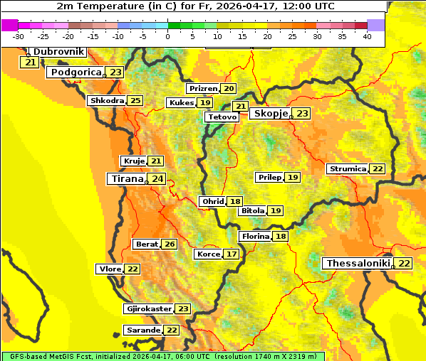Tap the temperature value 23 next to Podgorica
(116, 72)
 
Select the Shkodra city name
(107, 101)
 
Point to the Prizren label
(203, 89)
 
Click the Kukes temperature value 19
(205, 103)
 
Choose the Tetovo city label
(222, 117)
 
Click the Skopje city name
(271, 114)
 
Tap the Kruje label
(134, 161)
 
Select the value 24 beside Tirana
(157, 179)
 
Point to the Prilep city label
(270, 177)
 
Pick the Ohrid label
(213, 202)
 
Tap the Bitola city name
(253, 211)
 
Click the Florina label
(256, 237)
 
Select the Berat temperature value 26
(169, 244)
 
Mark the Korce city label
(209, 254)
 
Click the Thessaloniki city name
(358, 264)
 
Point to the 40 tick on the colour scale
(367, 36)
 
